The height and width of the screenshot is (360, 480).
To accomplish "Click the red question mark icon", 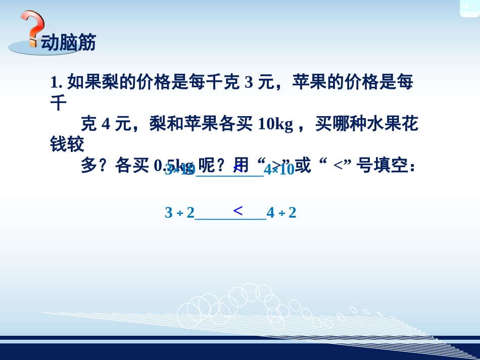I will tap(32, 30).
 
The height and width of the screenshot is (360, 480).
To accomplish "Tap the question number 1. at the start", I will tap(56, 82).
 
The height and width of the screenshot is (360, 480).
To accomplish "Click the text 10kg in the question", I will tap(275, 124).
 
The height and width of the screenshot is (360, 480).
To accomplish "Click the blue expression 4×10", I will tap(279, 170).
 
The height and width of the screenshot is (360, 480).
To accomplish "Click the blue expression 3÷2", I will tap(179, 213).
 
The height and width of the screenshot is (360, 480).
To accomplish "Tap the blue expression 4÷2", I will tap(281, 213).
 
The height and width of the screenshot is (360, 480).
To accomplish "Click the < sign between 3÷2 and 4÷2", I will tap(238, 210).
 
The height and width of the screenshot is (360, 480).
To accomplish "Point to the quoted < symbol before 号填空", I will tap(339, 166).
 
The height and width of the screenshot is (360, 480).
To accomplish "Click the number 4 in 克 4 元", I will tap(106, 124).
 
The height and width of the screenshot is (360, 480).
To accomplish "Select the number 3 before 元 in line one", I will tap(248, 82).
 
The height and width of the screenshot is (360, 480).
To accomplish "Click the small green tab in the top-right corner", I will tap(469, 8).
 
